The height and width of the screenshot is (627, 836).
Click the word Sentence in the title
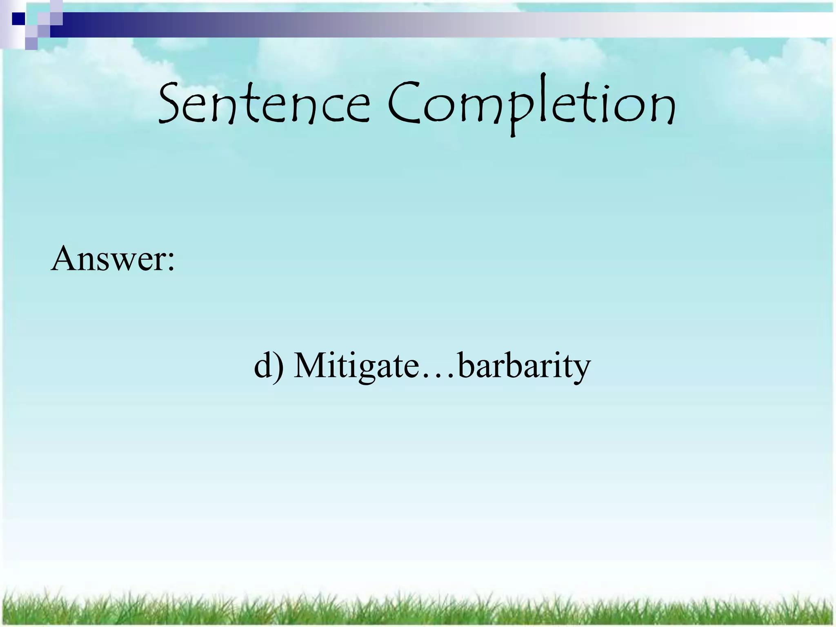263,104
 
